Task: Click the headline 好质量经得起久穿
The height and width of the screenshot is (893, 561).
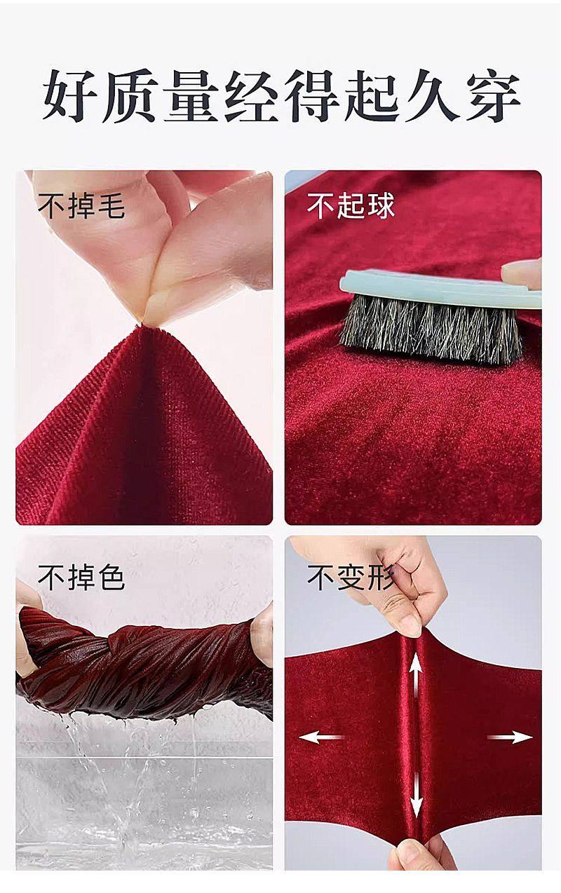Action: (280, 97)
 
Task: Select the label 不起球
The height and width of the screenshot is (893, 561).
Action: (351, 206)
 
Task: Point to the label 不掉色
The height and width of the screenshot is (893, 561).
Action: (81, 578)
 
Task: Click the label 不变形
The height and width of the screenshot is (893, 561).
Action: (351, 578)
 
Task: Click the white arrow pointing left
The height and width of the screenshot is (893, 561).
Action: (320, 737)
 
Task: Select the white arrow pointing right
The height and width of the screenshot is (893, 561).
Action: (511, 737)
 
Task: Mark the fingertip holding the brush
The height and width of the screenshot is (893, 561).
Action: (522, 272)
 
